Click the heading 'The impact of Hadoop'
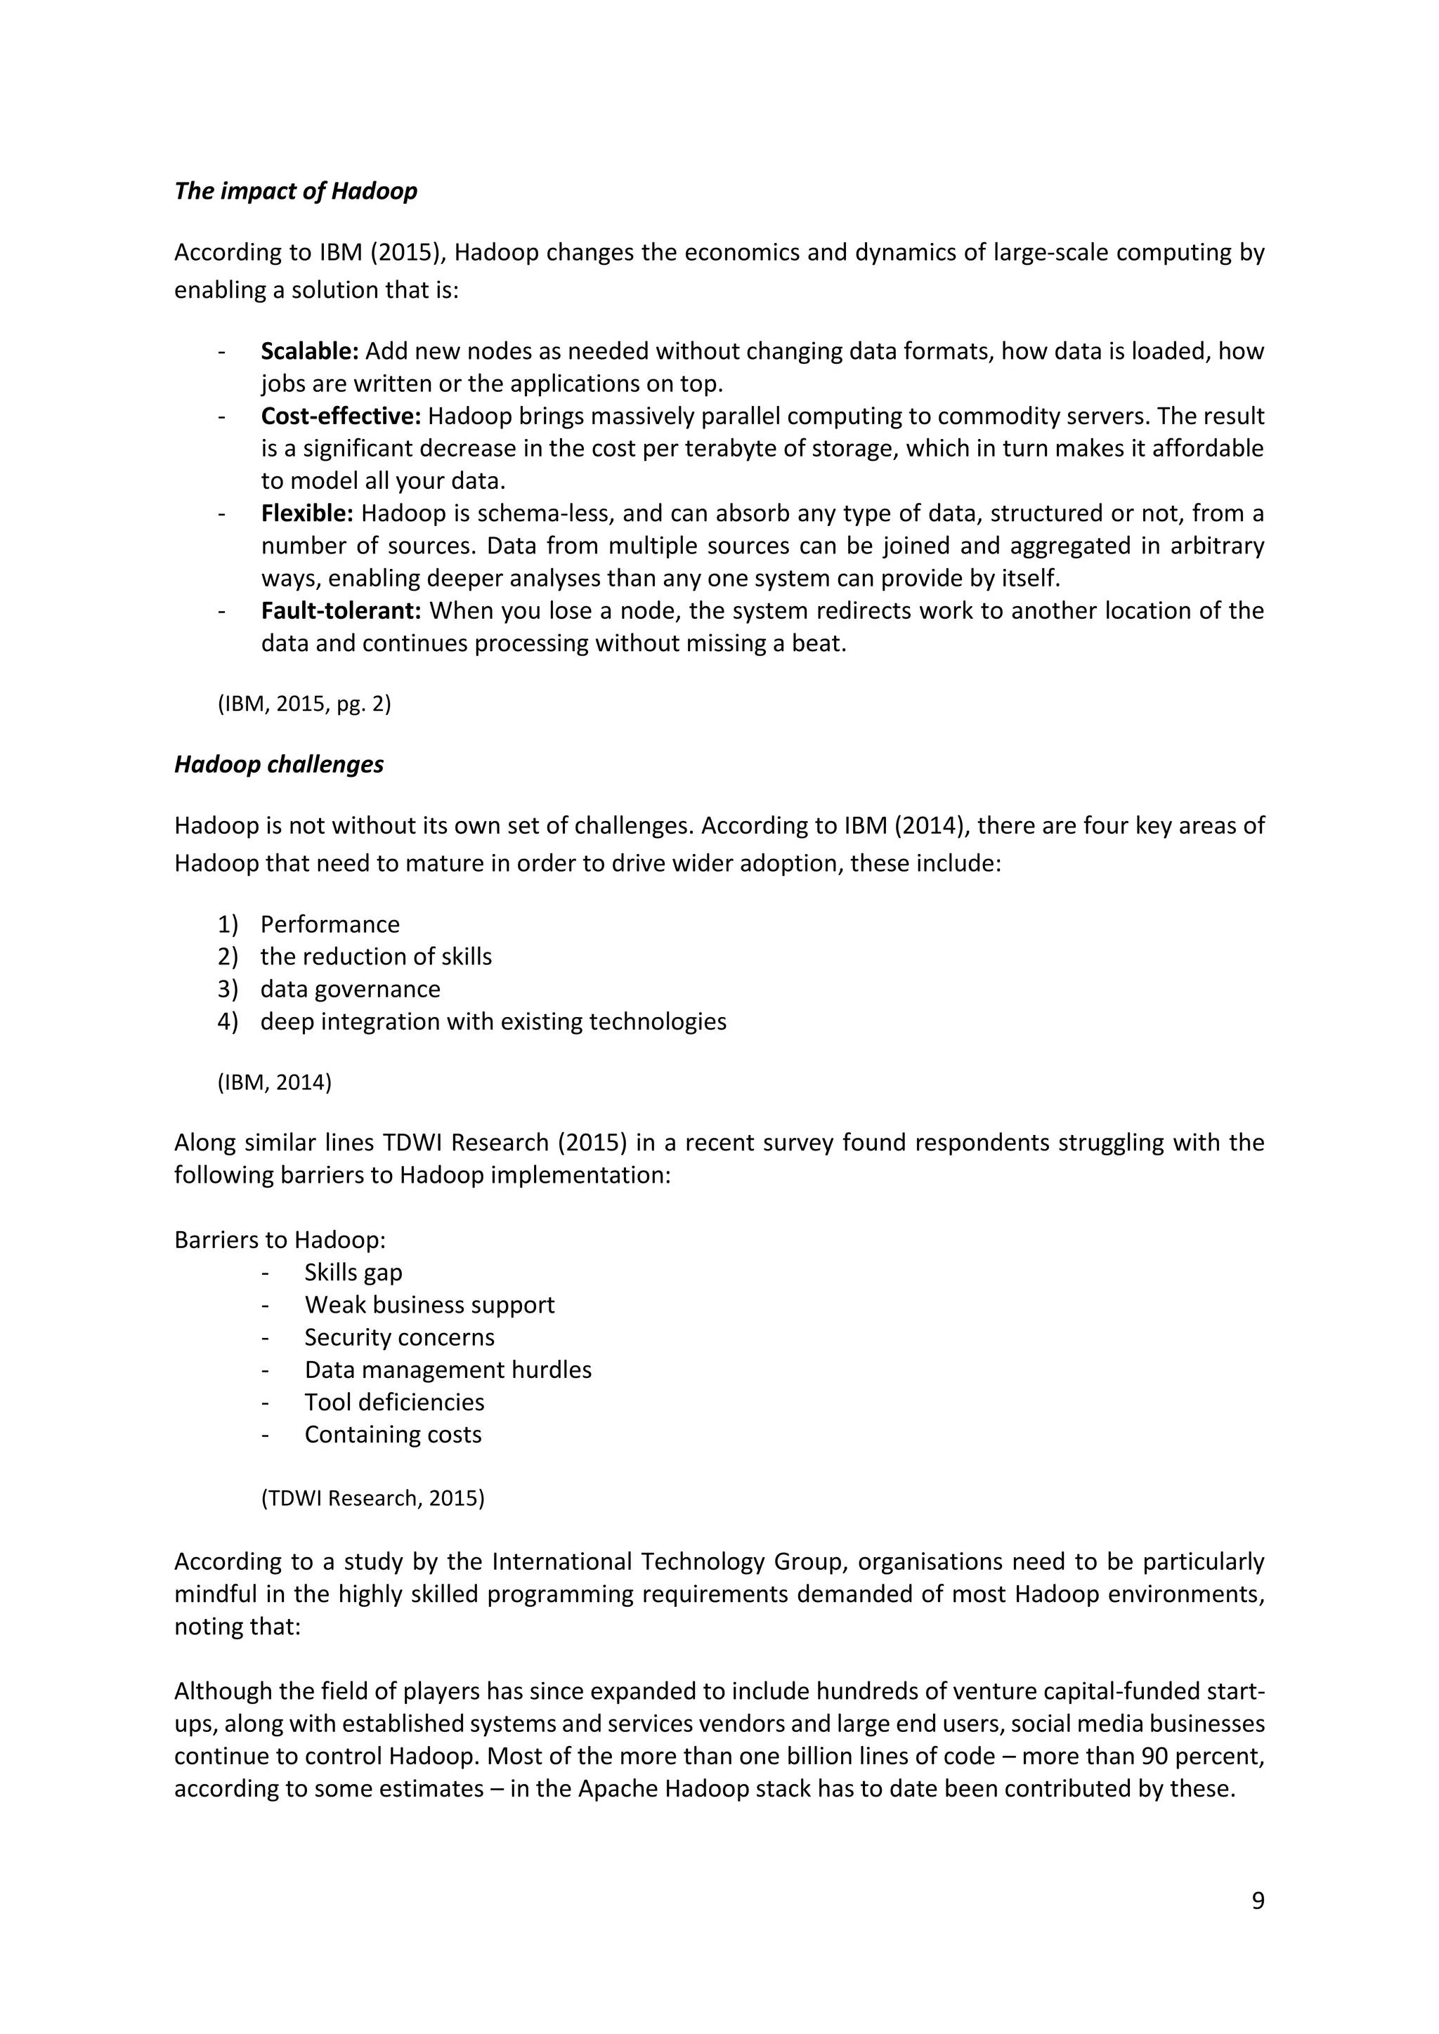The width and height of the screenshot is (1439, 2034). pos(295,191)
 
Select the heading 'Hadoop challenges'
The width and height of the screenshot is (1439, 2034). pos(278,765)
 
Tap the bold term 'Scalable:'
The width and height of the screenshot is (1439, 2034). pos(309,352)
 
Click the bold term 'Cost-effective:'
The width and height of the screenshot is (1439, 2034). pos(340,416)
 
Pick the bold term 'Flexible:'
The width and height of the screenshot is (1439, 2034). pos(306,514)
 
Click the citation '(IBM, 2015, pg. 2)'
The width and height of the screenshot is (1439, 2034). pos(304,704)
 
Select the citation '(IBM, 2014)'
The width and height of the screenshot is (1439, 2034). pos(274,1082)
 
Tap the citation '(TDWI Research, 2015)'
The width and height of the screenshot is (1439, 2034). pos(372,1498)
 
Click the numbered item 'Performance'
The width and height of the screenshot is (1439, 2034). pos(330,925)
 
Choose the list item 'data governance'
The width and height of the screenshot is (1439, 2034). pos(350,990)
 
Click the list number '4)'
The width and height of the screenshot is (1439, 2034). pos(228,1023)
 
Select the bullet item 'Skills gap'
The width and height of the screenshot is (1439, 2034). pos(353,1273)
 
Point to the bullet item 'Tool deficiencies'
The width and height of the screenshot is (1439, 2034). pos(394,1403)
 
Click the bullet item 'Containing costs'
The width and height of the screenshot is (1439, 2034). pos(393,1435)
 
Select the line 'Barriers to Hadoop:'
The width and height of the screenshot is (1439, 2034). pos(280,1240)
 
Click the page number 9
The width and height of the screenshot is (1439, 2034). pos(1257,1901)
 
